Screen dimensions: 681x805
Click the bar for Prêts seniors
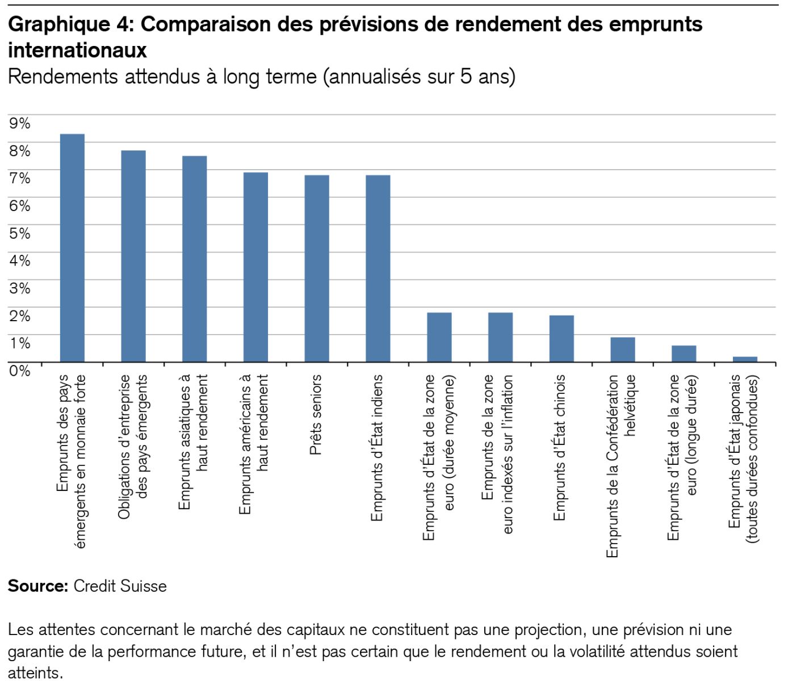[x=317, y=268]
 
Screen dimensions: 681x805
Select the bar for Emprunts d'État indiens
[x=378, y=268]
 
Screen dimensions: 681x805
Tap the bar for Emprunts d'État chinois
[x=561, y=338]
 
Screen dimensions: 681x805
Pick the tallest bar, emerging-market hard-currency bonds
[x=72, y=248]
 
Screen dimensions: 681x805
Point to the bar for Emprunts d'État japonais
[x=745, y=359]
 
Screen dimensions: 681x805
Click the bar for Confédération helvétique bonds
[x=623, y=350]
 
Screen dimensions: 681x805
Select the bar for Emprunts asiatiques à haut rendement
[x=194, y=259]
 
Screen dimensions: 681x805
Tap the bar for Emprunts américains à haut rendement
[x=255, y=267]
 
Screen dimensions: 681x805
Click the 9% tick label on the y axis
[x=19, y=123]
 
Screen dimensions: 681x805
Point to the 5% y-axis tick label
[x=19, y=233]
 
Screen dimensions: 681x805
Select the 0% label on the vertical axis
[x=19, y=371]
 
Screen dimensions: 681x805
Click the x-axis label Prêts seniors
[x=316, y=414]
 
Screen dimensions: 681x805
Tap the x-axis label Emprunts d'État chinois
[x=560, y=447]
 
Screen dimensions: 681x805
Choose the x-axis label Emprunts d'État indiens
[x=377, y=447]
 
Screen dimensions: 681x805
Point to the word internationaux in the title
[x=77, y=51]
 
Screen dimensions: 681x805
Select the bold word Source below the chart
[x=38, y=586]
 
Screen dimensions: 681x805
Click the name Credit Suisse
[x=120, y=586]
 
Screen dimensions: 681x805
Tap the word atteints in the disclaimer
[x=35, y=673]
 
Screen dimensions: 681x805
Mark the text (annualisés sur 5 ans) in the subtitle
[x=419, y=77]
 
